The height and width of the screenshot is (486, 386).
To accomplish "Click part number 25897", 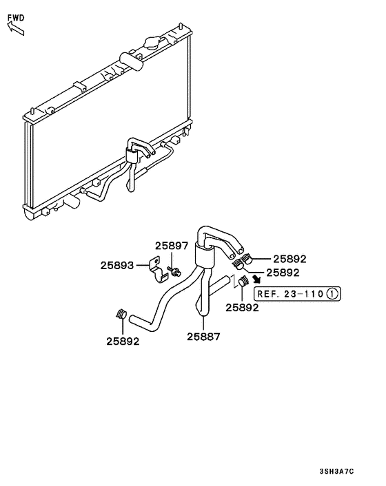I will [x=171, y=246].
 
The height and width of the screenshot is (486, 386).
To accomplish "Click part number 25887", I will [x=203, y=337].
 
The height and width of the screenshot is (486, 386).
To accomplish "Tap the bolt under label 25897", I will [x=177, y=270].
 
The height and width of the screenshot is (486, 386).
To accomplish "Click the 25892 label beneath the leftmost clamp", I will [x=123, y=341].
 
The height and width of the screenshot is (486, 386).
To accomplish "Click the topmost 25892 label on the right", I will [x=289, y=260].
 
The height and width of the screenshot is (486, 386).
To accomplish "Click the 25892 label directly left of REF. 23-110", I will [x=242, y=308].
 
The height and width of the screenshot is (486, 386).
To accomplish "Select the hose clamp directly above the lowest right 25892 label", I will [x=243, y=282].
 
